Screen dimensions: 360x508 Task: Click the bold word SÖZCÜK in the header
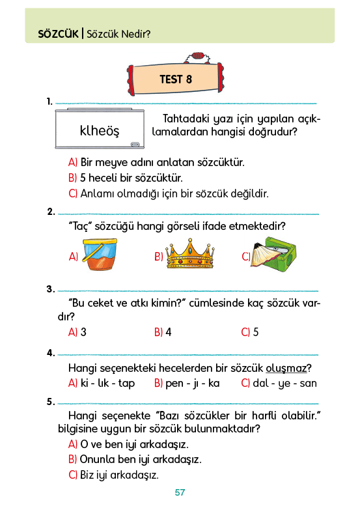click(59, 33)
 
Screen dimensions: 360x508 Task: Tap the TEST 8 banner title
click(176, 79)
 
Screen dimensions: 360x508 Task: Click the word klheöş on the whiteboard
click(100, 130)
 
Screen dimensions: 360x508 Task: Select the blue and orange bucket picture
click(100, 254)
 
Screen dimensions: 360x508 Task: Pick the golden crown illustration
click(190, 253)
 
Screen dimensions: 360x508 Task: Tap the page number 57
click(180, 492)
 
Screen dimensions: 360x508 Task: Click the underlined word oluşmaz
click(286, 368)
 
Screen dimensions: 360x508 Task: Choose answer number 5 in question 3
click(256, 332)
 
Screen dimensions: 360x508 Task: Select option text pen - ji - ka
click(192, 383)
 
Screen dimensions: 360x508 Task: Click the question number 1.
click(49, 102)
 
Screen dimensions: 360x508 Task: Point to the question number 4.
click(51, 352)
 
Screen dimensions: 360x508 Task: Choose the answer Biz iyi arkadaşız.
click(119, 475)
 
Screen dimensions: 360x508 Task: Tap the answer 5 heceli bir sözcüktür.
click(132, 178)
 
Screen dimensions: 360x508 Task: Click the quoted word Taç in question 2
click(79, 226)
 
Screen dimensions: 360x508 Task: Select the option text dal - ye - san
click(285, 383)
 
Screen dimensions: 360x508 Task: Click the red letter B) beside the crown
click(159, 257)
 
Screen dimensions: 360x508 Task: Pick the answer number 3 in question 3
click(83, 332)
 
